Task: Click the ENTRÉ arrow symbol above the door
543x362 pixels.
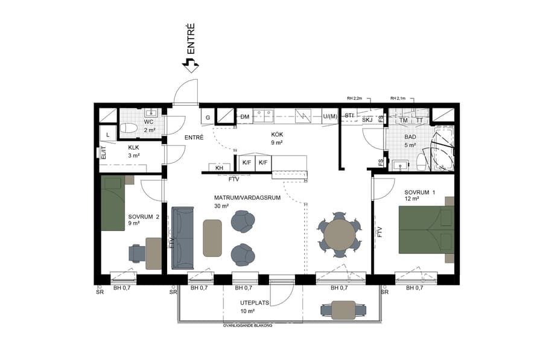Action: pos(191,65)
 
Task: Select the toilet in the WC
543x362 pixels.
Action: pos(129,128)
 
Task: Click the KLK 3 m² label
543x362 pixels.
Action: pos(133,151)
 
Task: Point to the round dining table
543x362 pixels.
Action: pos(340,235)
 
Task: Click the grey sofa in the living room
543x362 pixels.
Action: pos(183,237)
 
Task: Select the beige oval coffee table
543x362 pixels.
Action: pos(212,238)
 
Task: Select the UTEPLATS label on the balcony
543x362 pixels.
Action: pos(254,303)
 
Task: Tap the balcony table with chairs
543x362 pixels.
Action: pos(343,310)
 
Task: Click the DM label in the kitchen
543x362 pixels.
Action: pos(244,116)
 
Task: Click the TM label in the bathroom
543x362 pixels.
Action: pos(404,121)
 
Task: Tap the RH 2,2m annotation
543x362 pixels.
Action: pos(354,98)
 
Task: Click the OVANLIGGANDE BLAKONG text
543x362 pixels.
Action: pos(247,325)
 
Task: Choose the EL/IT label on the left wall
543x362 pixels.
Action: pos(103,153)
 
